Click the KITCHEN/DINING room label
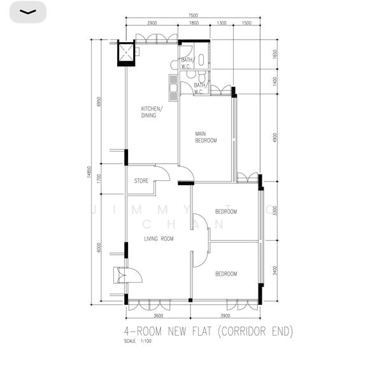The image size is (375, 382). [152, 112]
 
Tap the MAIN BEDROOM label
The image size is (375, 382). [206, 137]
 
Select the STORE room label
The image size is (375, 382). [141, 181]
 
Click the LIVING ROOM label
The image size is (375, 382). [159, 239]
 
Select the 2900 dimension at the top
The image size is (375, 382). [152, 23]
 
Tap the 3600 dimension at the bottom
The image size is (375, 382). [159, 315]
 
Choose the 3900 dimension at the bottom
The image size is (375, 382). [225, 315]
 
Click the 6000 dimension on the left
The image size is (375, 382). [99, 248]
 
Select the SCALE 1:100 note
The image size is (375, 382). [138, 341]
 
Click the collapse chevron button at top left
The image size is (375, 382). [27, 12]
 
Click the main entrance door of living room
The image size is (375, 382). [121, 274]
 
